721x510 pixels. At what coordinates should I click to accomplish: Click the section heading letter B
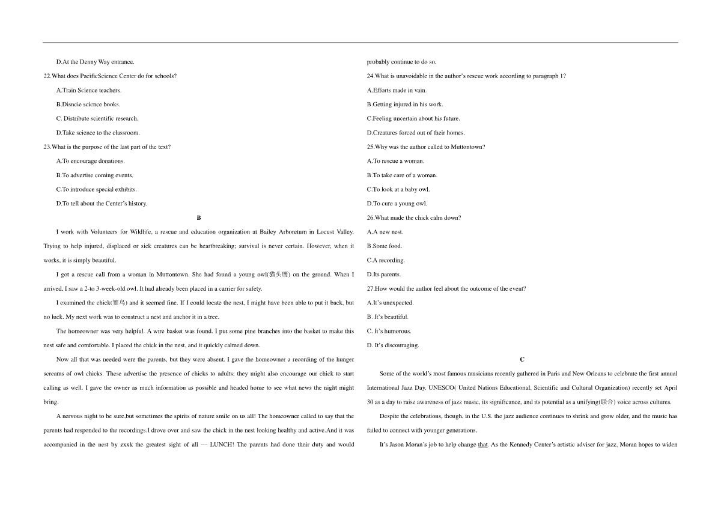tap(199, 217)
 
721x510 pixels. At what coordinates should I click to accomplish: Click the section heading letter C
tap(522, 359)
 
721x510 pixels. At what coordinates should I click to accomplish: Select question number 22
tap(47, 76)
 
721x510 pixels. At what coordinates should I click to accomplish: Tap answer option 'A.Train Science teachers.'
tap(88, 90)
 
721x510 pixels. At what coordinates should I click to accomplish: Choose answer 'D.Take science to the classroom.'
tap(97, 133)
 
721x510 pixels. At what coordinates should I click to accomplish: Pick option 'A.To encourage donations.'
tap(90, 161)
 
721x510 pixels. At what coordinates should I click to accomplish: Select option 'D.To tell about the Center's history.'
tap(102, 204)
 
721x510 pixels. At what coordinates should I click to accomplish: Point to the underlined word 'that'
tap(482, 445)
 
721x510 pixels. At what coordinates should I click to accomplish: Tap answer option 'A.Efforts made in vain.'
tap(397, 90)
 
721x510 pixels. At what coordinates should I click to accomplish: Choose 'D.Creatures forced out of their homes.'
tap(416, 133)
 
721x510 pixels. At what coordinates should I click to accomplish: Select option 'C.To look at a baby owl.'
tap(398, 189)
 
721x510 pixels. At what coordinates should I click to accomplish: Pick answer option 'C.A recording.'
tap(386, 260)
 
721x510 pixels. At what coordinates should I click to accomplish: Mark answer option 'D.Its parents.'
tap(383, 275)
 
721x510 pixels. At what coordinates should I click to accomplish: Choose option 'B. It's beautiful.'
tap(388, 317)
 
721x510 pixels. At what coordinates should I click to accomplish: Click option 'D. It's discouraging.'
tap(393, 345)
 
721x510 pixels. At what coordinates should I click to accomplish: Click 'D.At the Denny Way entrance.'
tap(95, 62)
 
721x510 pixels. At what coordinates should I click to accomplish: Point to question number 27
tap(370, 289)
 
